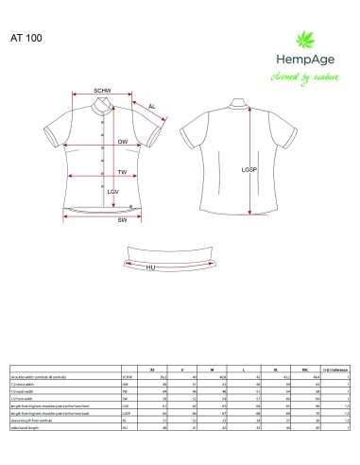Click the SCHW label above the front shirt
103,91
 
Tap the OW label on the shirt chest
122,142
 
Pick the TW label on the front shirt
122,172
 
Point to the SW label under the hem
122,220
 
